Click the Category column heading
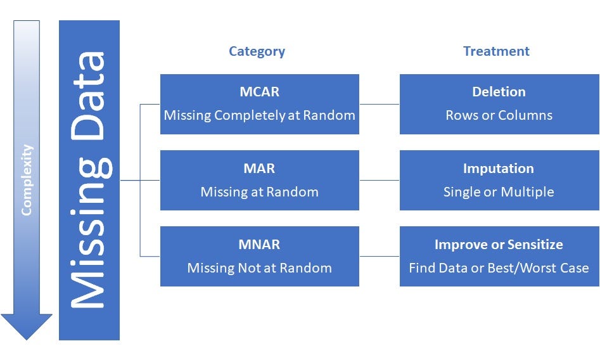257,51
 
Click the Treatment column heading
496,51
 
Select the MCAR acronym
259,92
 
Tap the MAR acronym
259,169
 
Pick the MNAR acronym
259,245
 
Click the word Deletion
499,92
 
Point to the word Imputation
499,169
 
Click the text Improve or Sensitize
499,245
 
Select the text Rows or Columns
499,115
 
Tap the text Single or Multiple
499,192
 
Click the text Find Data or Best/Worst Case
499,268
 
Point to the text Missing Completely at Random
259,115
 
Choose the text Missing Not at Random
259,268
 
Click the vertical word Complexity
27,180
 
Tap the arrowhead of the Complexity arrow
27,326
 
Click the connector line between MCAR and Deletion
379,104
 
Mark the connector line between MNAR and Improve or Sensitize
379,256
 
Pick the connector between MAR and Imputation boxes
379,180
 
